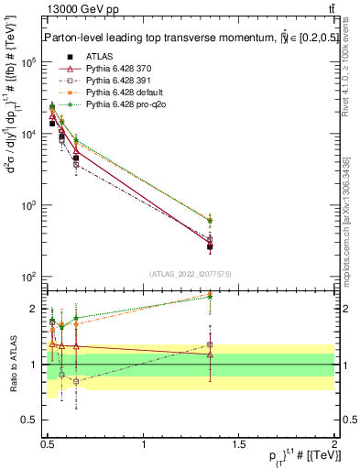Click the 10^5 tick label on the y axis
pyautogui.click(x=29, y=62)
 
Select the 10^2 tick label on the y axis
pyautogui.click(x=29, y=277)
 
